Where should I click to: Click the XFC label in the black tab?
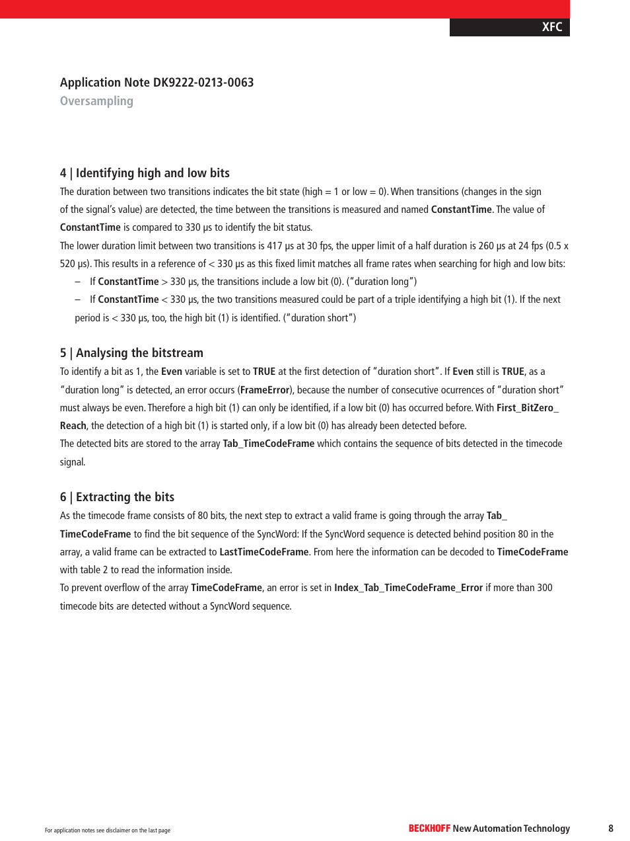[552, 27]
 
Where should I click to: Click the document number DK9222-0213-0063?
[203, 83]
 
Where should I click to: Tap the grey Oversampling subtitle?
[96, 101]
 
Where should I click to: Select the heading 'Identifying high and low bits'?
[153, 173]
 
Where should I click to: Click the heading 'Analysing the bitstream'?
[139, 353]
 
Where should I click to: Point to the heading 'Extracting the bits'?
[125, 497]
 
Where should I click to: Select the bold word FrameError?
[265, 390]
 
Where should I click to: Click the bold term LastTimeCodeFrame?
[263, 552]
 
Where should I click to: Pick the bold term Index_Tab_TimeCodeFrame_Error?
[408, 588]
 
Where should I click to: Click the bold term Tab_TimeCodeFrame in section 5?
[268, 444]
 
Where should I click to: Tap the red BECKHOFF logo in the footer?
[429, 828]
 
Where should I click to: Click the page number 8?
[611, 828]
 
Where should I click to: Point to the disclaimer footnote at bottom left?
[108, 830]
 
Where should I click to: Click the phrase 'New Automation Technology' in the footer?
[511, 828]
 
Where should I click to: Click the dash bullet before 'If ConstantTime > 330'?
[78, 282]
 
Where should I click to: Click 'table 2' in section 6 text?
[94, 570]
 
